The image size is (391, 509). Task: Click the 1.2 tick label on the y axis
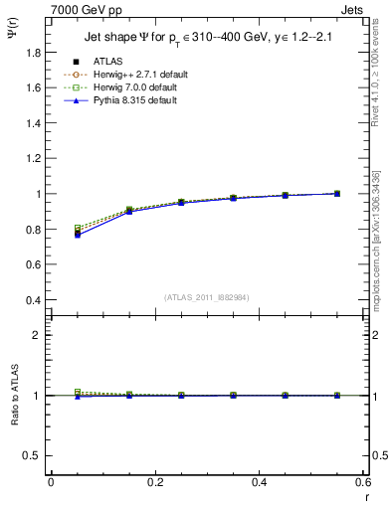click(35, 141)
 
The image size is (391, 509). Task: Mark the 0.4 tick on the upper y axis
click(35, 300)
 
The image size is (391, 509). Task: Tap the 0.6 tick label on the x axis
click(363, 482)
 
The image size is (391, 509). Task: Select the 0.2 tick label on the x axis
click(154, 482)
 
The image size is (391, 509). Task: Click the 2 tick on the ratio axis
click(40, 335)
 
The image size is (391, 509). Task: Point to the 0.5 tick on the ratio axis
click(35, 455)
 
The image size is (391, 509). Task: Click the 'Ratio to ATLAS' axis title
click(13, 396)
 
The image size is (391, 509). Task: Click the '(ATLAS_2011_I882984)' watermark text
click(206, 297)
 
